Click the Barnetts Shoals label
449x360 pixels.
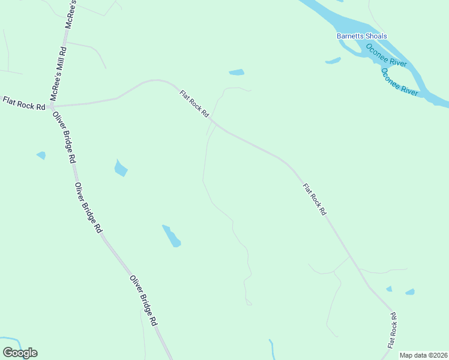[361, 36]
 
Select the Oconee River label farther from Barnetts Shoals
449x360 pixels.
[399, 82]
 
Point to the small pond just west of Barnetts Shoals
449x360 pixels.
[333, 61]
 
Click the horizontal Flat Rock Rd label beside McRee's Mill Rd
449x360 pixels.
[24, 103]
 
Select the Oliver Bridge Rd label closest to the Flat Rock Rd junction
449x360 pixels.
[65, 137]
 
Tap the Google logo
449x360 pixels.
[20, 353]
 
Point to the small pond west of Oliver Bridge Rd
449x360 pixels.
[41, 155]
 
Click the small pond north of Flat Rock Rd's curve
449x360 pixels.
[237, 73]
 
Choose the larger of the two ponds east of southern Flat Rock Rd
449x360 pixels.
[410, 292]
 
